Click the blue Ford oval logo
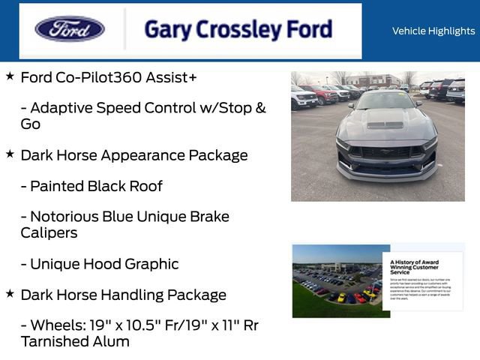tap(70, 29)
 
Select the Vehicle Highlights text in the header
tap(433, 31)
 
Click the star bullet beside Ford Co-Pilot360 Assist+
tap(10, 76)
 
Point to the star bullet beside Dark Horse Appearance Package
tap(10, 154)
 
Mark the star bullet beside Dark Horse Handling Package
tap(10, 294)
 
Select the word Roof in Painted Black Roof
tap(145, 186)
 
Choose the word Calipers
tap(49, 232)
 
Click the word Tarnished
tap(53, 341)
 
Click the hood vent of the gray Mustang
tap(385, 124)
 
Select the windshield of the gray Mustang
tap(386, 100)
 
